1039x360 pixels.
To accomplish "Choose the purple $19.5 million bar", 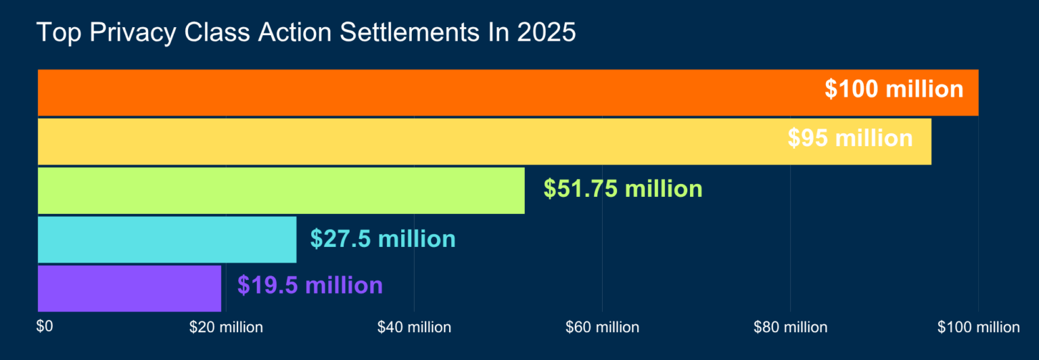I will (129, 288).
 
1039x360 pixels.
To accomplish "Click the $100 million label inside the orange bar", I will (894, 89).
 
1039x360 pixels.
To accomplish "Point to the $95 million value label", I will (850, 138).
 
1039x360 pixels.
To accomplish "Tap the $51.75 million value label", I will (623, 189).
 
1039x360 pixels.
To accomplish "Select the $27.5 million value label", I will (383, 239).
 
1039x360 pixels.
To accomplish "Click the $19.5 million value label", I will (310, 285).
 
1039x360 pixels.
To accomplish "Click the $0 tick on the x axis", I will (44, 327).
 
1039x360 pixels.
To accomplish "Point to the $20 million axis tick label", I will (226, 328).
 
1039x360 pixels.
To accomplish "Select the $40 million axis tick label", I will (414, 328).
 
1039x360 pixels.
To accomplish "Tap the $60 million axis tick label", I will (602, 328).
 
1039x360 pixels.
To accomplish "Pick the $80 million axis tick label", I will (790, 328).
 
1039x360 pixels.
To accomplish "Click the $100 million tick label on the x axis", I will (978, 328).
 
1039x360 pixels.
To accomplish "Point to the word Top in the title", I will (55, 32).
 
